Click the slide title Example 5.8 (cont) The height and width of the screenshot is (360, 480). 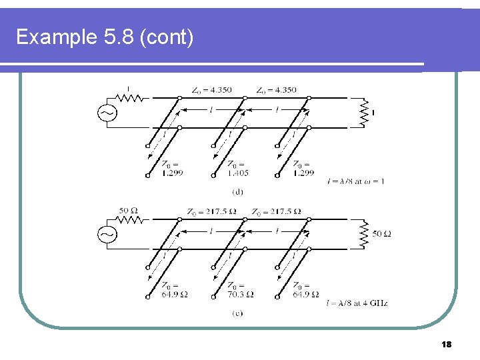pos(105,37)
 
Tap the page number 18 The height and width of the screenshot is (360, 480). pos(447,344)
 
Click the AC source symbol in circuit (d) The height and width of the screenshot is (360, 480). pos(107,113)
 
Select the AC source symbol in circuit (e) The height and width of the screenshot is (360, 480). pos(107,234)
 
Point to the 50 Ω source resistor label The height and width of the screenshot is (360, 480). pos(129,211)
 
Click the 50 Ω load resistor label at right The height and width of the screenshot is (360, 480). pos(382,234)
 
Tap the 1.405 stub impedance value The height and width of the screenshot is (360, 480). pos(238,173)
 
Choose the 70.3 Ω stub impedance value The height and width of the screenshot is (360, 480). pos(240,294)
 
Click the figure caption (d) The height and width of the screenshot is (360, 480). pos(237,191)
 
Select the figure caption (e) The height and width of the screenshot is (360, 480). pos(237,313)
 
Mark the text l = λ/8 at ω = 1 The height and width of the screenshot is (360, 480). pos(355,181)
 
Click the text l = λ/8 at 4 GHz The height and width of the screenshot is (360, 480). pos(357,303)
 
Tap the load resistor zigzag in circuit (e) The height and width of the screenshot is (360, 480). pos(363,234)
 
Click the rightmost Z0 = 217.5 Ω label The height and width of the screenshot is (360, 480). pos(276,212)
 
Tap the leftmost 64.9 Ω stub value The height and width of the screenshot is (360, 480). pos(174,294)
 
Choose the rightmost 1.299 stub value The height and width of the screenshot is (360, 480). pos(304,173)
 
